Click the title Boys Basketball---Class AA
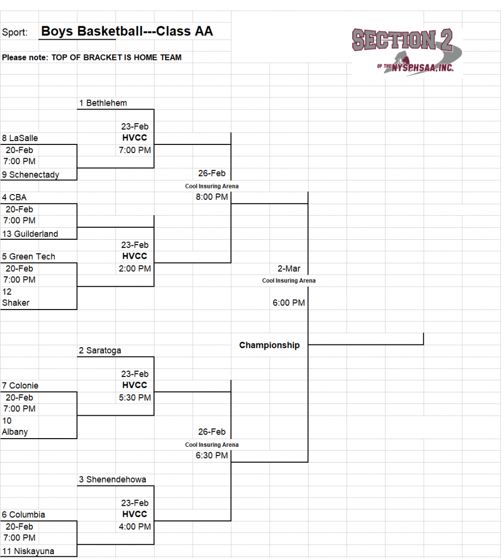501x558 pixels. tap(127, 32)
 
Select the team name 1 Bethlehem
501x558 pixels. tap(103, 103)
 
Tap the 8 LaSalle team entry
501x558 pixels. tap(20, 138)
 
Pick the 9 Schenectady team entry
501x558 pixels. tap(30, 175)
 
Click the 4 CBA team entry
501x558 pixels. tap(14, 197)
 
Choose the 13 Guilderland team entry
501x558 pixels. tap(30, 234)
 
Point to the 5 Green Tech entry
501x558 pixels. tap(28, 257)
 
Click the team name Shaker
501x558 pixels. tap(16, 303)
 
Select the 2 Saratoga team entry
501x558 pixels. tap(99, 351)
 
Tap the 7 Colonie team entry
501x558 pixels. tap(20, 386)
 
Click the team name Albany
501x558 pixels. tap(15, 432)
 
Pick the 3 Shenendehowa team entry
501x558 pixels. tap(112, 480)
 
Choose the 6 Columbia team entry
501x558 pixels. tap(23, 515)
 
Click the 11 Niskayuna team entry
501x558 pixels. tap(28, 551)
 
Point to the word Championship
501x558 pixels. tap(270, 345)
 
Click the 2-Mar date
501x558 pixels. tap(289, 269)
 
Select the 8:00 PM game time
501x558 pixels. tap(212, 197)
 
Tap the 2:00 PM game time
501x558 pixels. tap(135, 269)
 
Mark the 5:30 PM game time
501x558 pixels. tap(135, 398)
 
